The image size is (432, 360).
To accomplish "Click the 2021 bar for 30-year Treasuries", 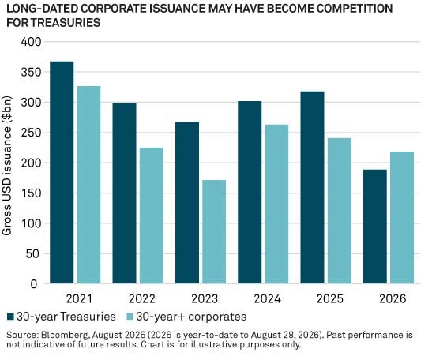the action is tap(62, 172).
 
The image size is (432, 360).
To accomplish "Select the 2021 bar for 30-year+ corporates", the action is tap(88, 185).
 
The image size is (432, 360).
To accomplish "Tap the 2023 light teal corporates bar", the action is tap(214, 231).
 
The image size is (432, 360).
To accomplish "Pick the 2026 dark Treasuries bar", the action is tap(375, 227).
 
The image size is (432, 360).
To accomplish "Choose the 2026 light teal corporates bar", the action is tap(402, 218).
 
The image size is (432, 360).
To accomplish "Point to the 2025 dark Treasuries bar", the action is tap(313, 188).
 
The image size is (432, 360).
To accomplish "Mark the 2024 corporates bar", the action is tap(277, 204).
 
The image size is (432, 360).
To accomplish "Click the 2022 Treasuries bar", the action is tap(124, 193).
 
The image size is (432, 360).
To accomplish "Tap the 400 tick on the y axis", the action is tap(31, 42).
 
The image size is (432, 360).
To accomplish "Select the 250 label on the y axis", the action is tap(31, 133).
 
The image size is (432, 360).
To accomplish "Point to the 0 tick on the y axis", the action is tap(34, 284).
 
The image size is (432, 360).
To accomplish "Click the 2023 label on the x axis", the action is tap(205, 299).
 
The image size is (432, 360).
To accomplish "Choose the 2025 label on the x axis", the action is tap(330, 299).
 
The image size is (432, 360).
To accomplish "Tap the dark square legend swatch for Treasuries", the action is tap(10, 317).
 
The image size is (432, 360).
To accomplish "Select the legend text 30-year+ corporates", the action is tap(191, 317).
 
